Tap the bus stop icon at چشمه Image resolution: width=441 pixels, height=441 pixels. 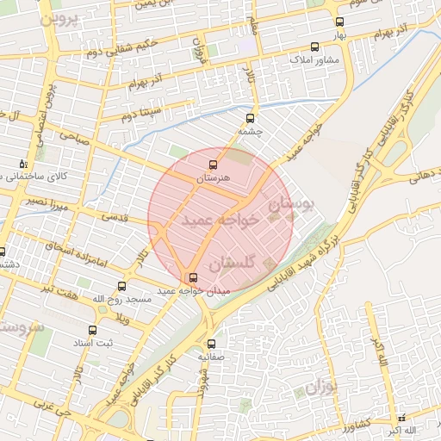click(251, 118)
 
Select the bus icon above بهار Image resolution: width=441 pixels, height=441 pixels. click(339, 22)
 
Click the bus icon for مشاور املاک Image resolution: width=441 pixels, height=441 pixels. click(313, 47)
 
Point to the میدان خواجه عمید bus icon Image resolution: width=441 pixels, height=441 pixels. click(191, 277)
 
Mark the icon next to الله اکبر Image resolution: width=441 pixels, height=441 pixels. click(401, 418)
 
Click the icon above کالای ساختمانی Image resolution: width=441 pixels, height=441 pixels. click(22, 163)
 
